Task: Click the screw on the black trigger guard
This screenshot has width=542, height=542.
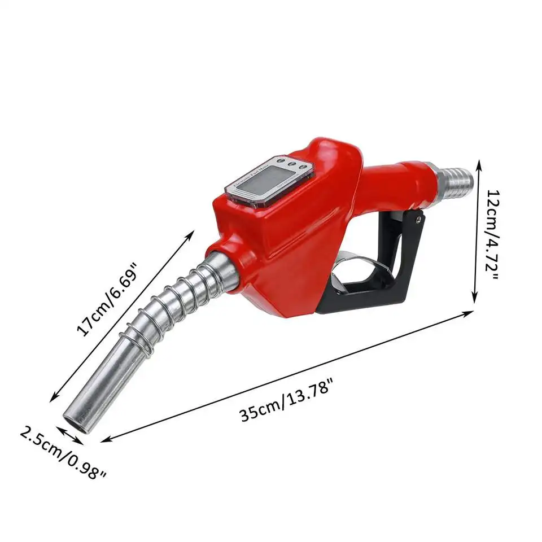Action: (x=417, y=217)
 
